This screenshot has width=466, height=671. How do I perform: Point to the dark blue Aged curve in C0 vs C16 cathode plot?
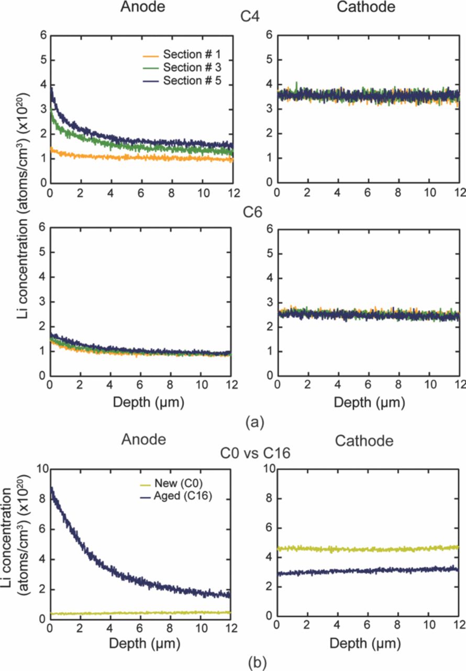[x=367, y=571]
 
